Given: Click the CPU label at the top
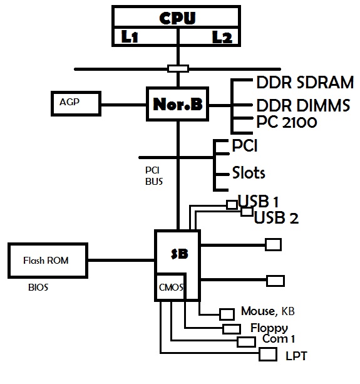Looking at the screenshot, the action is (x=177, y=18).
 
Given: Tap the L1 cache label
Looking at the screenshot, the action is (x=130, y=37).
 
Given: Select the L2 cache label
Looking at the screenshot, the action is (x=222, y=37).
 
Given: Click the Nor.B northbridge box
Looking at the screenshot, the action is (x=177, y=104).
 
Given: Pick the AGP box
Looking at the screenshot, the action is (x=76, y=103).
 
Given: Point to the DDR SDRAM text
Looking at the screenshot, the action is (x=305, y=82).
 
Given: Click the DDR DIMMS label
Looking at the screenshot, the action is (x=303, y=105).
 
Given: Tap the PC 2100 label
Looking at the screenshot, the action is (x=287, y=122).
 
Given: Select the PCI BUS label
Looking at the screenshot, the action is (x=153, y=176).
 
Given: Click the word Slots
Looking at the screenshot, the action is (x=249, y=172).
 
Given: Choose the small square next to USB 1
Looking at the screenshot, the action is (x=232, y=204).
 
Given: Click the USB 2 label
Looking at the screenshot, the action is (x=276, y=217).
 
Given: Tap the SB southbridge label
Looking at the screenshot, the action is (x=180, y=254).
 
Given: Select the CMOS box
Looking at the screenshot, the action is (x=170, y=287).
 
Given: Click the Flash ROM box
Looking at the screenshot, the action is (x=48, y=261).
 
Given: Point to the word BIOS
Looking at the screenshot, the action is (x=38, y=288).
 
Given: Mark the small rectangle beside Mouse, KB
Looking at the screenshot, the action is (x=227, y=314).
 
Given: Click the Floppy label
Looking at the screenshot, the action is (x=269, y=328).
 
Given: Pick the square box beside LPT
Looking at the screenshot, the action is (x=268, y=355).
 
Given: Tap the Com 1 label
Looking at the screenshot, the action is (x=279, y=339).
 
